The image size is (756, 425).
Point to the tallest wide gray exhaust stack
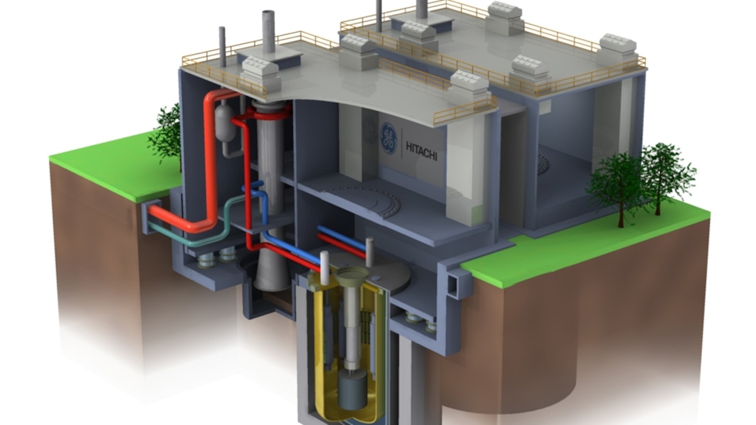click(x=268, y=31)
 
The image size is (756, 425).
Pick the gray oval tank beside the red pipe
click(x=224, y=123)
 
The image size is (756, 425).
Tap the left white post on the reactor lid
click(x=324, y=268)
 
